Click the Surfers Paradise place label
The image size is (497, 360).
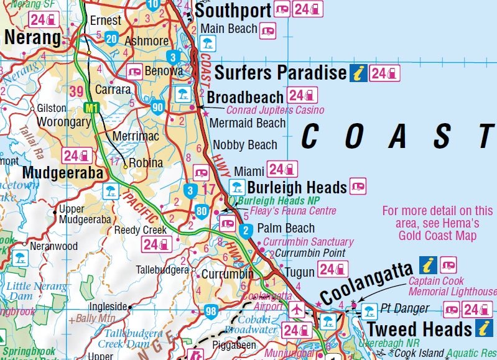click(x=280, y=73)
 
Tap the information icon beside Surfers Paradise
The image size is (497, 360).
click(x=358, y=73)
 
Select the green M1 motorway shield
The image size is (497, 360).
click(x=92, y=108)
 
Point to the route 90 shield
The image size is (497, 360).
click(x=157, y=108)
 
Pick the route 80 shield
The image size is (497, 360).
click(x=200, y=211)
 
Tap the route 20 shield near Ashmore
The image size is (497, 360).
click(x=112, y=39)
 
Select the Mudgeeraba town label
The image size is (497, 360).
click(x=63, y=173)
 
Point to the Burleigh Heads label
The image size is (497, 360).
click(x=297, y=187)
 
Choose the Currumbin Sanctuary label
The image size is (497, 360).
click(x=309, y=242)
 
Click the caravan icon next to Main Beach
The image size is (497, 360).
click(x=267, y=29)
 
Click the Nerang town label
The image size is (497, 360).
click(x=32, y=39)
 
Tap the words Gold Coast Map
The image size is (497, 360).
click(x=437, y=236)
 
